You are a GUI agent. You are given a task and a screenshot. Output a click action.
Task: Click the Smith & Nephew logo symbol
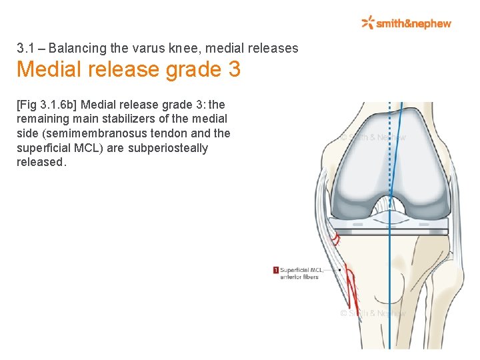coord(367,23)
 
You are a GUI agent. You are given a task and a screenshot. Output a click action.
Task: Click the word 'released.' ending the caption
coord(42,163)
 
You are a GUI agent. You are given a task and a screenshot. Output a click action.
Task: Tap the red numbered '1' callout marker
coord(275,270)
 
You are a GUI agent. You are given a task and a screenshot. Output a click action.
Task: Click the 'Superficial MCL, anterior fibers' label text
coord(301,273)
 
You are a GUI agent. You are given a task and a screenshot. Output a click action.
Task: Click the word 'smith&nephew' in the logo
coord(413,23)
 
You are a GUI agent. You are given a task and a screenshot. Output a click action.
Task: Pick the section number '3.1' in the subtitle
coord(25,49)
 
